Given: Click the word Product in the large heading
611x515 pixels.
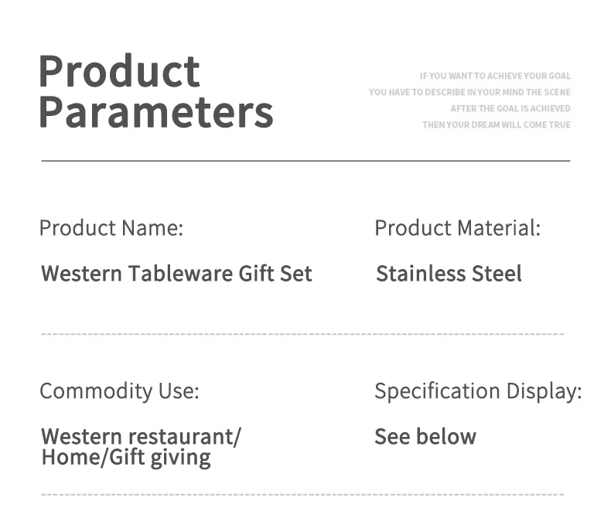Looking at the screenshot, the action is coord(119,71).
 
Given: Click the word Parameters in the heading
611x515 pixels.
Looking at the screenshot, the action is coord(156,112).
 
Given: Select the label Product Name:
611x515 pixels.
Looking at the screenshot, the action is coord(111,228).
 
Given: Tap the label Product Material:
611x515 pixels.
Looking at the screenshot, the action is coord(457,228).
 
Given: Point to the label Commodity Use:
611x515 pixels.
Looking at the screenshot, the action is coord(119,391).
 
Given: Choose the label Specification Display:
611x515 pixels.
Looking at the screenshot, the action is coord(478,391).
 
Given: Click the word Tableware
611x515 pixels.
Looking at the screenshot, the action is coord(180,273).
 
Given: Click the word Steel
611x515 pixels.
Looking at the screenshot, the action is coord(497,273).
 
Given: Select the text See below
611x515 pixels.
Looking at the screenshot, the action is coord(425,436).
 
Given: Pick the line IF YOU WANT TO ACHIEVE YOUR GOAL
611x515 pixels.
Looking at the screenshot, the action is coord(495,76).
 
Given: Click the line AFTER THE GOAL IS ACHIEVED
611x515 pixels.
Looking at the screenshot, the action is coord(510,109).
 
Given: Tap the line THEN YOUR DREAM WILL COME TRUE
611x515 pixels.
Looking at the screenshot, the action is coord(497,125).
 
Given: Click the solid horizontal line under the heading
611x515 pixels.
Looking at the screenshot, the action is coord(306,160).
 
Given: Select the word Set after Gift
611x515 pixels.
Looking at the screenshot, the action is coord(295,273).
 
